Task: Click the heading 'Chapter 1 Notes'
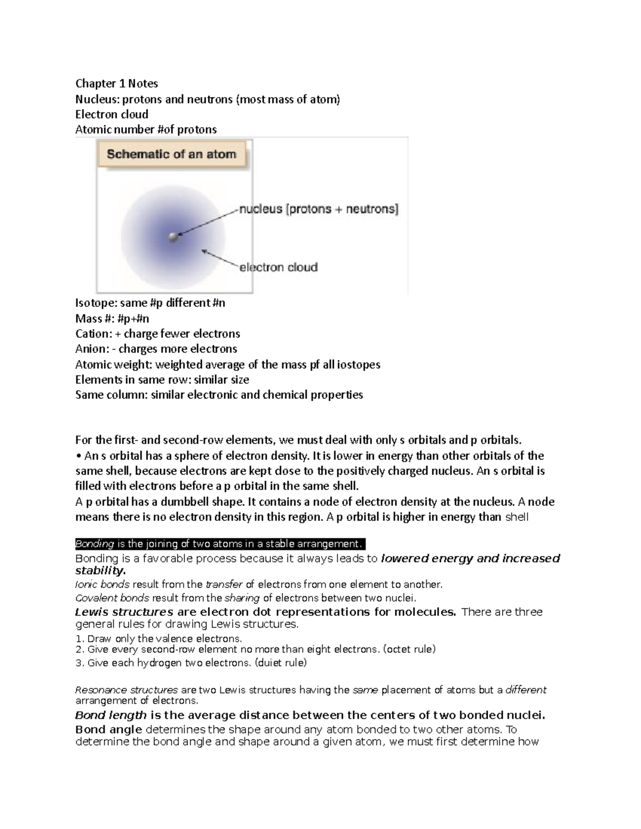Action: (116, 83)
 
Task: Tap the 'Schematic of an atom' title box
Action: (171, 154)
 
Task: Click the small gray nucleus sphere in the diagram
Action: (173, 236)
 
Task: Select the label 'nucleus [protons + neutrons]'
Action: (318, 209)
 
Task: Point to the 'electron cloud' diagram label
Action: (278, 267)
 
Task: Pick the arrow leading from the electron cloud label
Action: (219, 258)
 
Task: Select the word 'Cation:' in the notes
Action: (93, 334)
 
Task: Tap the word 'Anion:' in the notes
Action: (92, 349)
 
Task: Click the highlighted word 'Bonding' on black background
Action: (95, 544)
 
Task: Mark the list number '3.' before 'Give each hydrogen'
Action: (80, 663)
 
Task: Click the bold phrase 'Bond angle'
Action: (108, 729)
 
